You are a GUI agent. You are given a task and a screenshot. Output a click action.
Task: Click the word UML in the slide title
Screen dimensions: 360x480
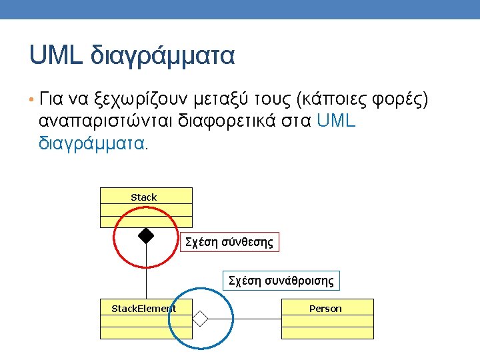point(55,55)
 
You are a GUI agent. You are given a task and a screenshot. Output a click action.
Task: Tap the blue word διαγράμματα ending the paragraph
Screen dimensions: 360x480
point(91,143)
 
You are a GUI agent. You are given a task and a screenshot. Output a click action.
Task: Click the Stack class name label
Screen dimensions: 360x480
point(144,197)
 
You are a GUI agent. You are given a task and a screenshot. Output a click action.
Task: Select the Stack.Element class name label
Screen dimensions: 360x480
point(143,309)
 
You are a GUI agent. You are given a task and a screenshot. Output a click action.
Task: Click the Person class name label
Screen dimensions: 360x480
point(325,309)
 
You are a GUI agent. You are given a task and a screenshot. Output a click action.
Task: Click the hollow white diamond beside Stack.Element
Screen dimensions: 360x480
point(200,319)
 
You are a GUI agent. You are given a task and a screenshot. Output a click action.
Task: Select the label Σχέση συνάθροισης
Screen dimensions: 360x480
point(281,281)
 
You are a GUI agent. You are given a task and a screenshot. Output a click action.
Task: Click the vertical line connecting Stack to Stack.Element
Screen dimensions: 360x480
point(146,273)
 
